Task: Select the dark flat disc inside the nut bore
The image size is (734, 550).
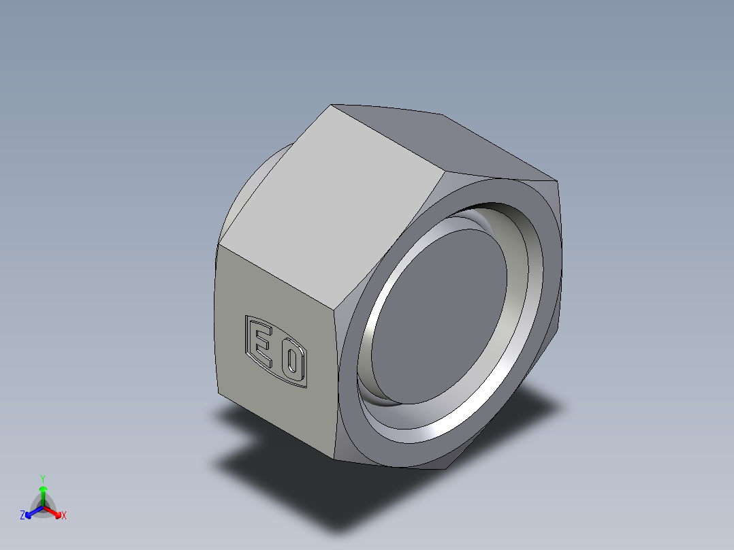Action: (x=443, y=312)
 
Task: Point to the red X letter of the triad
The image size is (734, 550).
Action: (x=64, y=515)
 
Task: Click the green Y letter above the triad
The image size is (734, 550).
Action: (x=42, y=479)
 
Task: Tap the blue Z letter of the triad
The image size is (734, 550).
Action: (x=22, y=515)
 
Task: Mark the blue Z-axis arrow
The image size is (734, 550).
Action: (x=31, y=512)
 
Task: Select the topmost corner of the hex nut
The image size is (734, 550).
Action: (x=332, y=105)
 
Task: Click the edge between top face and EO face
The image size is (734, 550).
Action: (x=286, y=279)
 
